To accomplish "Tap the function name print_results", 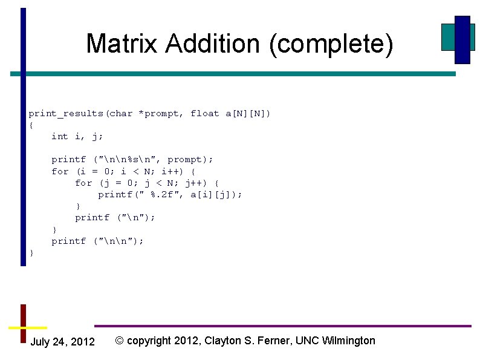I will tap(66, 114).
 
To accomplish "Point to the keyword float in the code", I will tap(205, 114).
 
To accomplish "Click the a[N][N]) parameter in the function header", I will tap(248, 114).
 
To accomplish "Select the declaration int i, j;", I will tap(77, 137).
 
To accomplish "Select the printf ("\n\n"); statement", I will tap(98, 241).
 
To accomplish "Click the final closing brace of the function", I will tap(31, 253).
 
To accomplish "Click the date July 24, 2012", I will tap(62, 342).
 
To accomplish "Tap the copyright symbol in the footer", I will tap(119, 341).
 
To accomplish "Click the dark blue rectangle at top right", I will tap(462, 39).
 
